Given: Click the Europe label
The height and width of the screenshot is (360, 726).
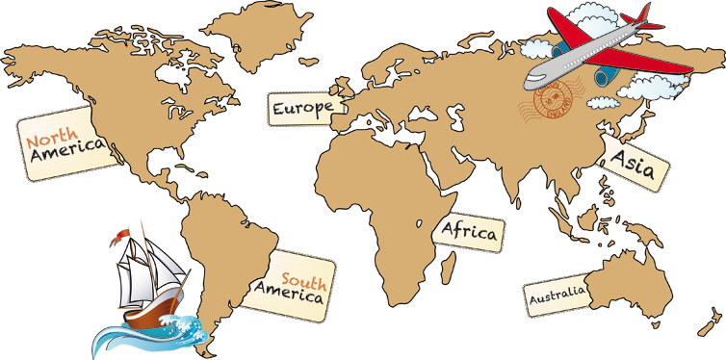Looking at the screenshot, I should pos(303,109).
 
